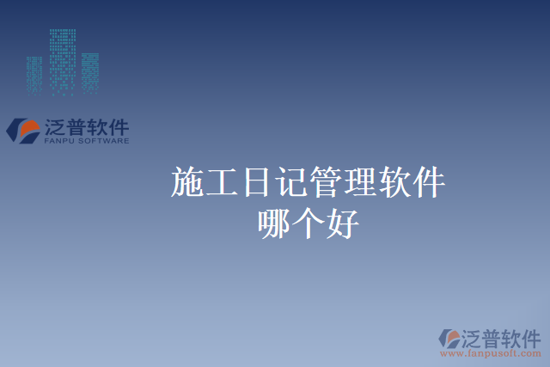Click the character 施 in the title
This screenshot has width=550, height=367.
pos(188,183)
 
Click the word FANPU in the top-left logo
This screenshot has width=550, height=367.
pos(59,140)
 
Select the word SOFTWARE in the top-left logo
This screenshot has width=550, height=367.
pos(104,140)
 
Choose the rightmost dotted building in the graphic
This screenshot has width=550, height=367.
pos(89,73)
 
